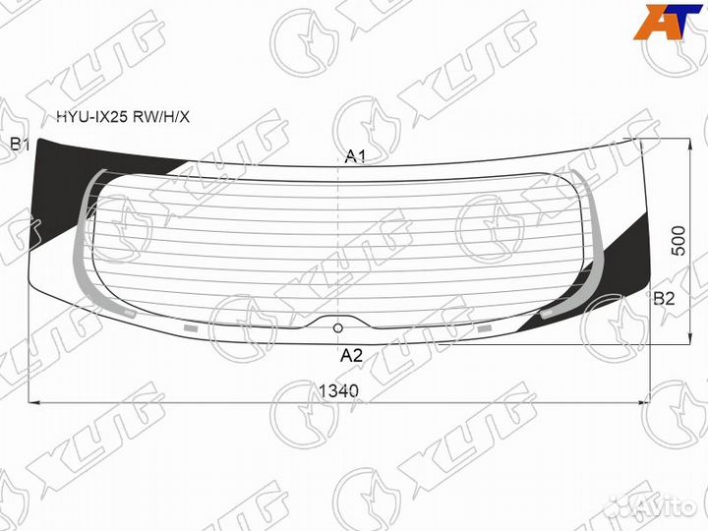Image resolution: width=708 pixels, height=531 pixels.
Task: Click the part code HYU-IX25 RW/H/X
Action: (122, 117)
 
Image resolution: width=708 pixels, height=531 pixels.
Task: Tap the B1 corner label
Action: (20, 145)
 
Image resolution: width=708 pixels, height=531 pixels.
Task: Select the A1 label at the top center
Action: (355, 156)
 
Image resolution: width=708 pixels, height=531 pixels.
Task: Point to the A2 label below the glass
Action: (351, 356)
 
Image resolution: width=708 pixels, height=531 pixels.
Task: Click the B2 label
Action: (664, 299)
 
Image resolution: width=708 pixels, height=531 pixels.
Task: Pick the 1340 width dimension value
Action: (338, 391)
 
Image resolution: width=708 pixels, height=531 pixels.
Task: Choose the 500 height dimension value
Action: (678, 241)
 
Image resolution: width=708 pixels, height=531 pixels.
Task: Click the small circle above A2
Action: (337, 328)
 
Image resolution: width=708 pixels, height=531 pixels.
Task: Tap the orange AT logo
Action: (668, 22)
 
